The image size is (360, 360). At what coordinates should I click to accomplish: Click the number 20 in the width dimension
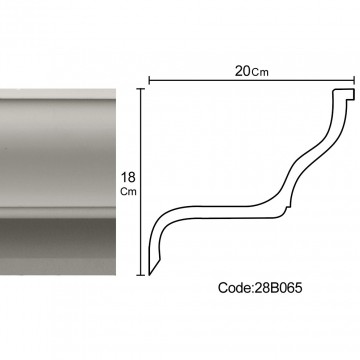pos(243,71)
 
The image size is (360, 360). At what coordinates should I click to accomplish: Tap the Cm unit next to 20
pos(260,72)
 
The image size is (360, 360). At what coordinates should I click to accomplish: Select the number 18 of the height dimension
pos(128,177)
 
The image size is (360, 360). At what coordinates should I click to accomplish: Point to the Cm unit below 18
pos(129,192)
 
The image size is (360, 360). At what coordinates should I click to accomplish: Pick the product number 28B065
pos(278,288)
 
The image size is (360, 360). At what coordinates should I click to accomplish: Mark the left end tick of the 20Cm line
pos(149,80)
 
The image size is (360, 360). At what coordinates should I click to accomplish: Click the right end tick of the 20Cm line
pos(354,80)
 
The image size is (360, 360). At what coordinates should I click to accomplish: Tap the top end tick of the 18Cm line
pos(140,89)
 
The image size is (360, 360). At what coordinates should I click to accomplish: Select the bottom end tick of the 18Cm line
pos(140,275)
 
